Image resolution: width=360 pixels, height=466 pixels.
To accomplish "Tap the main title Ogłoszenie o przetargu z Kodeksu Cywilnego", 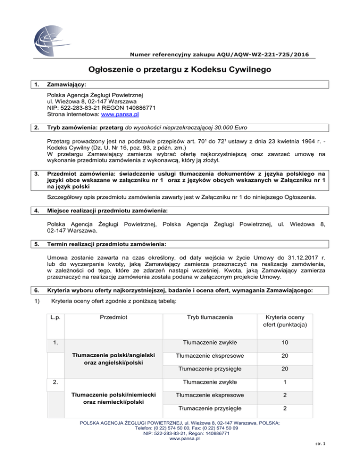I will (x=180, y=70).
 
